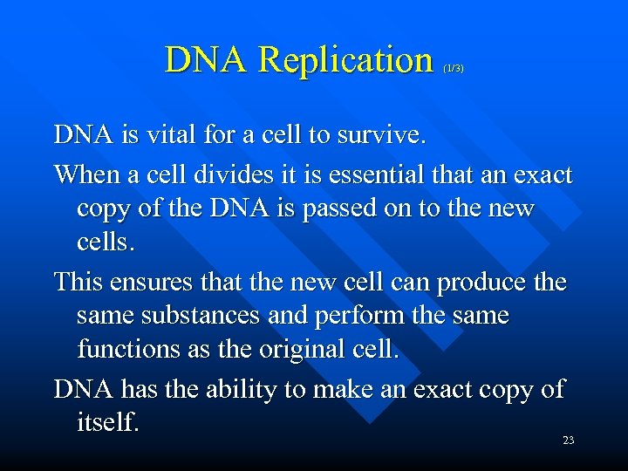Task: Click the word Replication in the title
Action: point(346,60)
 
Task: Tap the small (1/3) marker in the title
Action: point(454,67)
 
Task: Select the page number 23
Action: point(568,440)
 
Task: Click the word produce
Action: point(482,283)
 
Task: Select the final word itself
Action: point(108,421)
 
